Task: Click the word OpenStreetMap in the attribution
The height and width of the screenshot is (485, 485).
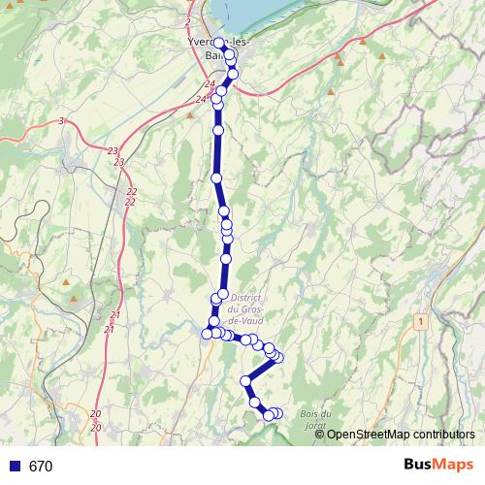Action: pos(372,435)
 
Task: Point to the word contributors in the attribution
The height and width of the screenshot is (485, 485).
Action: pos(447,435)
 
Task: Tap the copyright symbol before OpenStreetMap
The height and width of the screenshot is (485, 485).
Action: pos(321,435)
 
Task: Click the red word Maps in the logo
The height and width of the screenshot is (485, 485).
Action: pos(455,465)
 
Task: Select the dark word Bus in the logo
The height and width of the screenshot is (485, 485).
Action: pos(419,465)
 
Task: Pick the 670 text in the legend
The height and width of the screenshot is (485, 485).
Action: pos(41,466)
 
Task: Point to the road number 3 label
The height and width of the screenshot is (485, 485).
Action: pos(61,120)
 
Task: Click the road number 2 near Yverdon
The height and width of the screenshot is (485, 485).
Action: pos(186,20)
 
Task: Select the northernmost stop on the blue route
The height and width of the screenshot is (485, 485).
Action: pos(219,43)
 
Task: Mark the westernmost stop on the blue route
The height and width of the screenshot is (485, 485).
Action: pos(207,334)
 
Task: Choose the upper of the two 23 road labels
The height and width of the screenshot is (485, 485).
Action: pos(113,150)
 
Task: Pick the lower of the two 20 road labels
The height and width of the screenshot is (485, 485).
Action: pos(95,427)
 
